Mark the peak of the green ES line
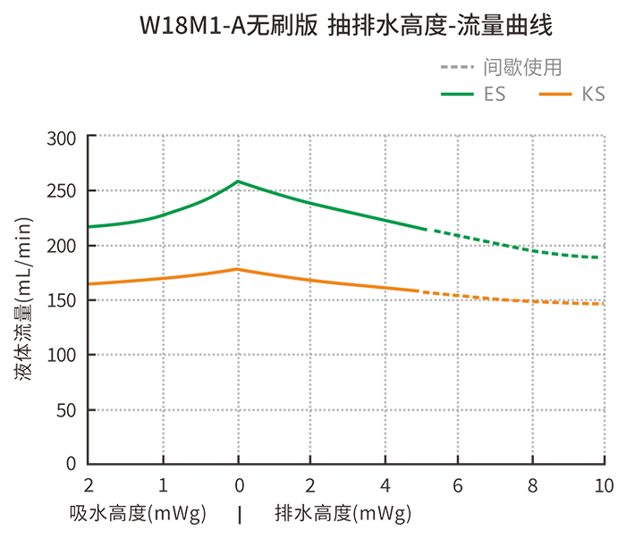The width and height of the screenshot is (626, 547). pos(238,181)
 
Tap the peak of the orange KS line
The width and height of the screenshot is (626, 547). pos(237,269)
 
